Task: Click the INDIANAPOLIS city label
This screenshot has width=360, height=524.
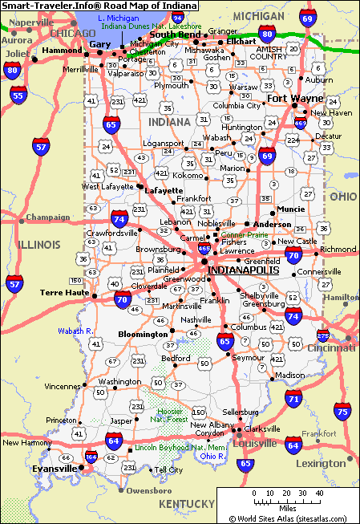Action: [x=243, y=270]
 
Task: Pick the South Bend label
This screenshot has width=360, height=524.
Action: [x=175, y=35]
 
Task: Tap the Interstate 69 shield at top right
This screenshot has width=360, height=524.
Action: [x=307, y=17]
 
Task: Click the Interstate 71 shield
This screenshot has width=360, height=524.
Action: [x=294, y=398]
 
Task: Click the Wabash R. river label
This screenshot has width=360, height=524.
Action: [x=75, y=331]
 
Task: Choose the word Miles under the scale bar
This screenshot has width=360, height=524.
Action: [x=285, y=507]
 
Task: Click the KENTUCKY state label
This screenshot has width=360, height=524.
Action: [x=186, y=503]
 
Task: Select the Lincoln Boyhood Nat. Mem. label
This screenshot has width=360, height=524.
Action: [x=181, y=447]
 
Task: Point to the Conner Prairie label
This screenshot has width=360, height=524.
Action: [x=244, y=234]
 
